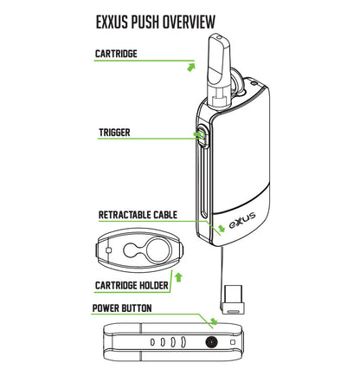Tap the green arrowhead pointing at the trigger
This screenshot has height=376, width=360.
[x=195, y=135]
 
